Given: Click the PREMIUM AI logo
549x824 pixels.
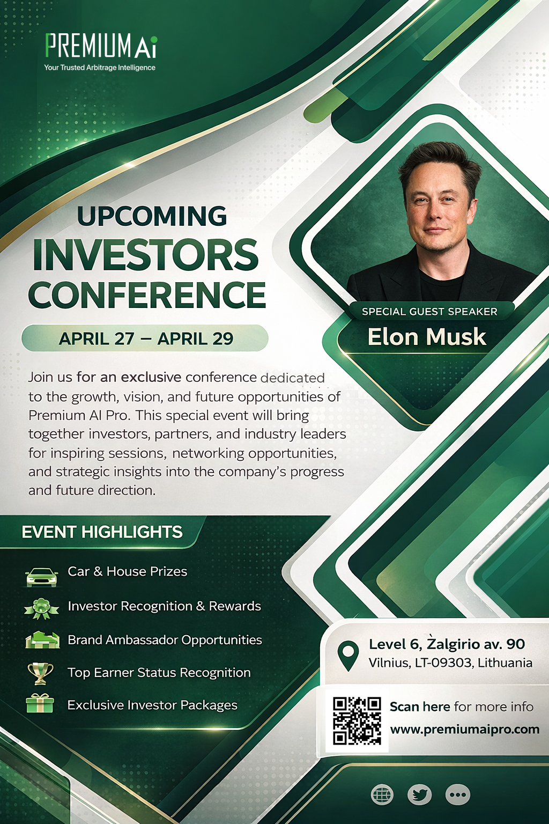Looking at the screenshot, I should pos(101,46).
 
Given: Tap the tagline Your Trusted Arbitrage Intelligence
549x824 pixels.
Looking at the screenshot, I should pos(100,68).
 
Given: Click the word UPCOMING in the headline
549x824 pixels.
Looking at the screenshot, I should pos(152,216).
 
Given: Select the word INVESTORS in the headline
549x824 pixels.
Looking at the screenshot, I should pos(146,255).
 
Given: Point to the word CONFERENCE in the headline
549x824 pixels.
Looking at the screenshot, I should pos(147,295).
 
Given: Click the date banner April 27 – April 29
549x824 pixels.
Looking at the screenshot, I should pos(145,339).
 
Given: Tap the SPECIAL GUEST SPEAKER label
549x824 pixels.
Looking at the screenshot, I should pos(429,312).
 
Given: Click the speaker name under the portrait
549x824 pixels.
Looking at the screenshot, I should pos(427,337).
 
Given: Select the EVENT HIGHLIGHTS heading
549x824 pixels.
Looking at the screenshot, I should pos(102,532).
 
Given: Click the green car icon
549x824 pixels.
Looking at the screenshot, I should pos(41,577).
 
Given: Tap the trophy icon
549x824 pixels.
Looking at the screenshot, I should pos(40,673).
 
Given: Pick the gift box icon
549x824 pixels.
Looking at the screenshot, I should pos(40,703).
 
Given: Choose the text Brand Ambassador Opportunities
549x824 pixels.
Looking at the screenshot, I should pos(165,640).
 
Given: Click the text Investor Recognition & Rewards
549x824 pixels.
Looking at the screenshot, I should pos(164,606).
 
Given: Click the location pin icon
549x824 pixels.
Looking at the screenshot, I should pos(348,654).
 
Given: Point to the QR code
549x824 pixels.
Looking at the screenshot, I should pos(357,721).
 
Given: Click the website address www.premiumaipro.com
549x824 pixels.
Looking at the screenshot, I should pos(464,730).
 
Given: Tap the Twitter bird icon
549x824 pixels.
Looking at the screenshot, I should pos(419,794).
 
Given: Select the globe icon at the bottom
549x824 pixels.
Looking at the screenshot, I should pos(382,794).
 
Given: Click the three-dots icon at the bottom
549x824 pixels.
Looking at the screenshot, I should pos(458,794).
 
